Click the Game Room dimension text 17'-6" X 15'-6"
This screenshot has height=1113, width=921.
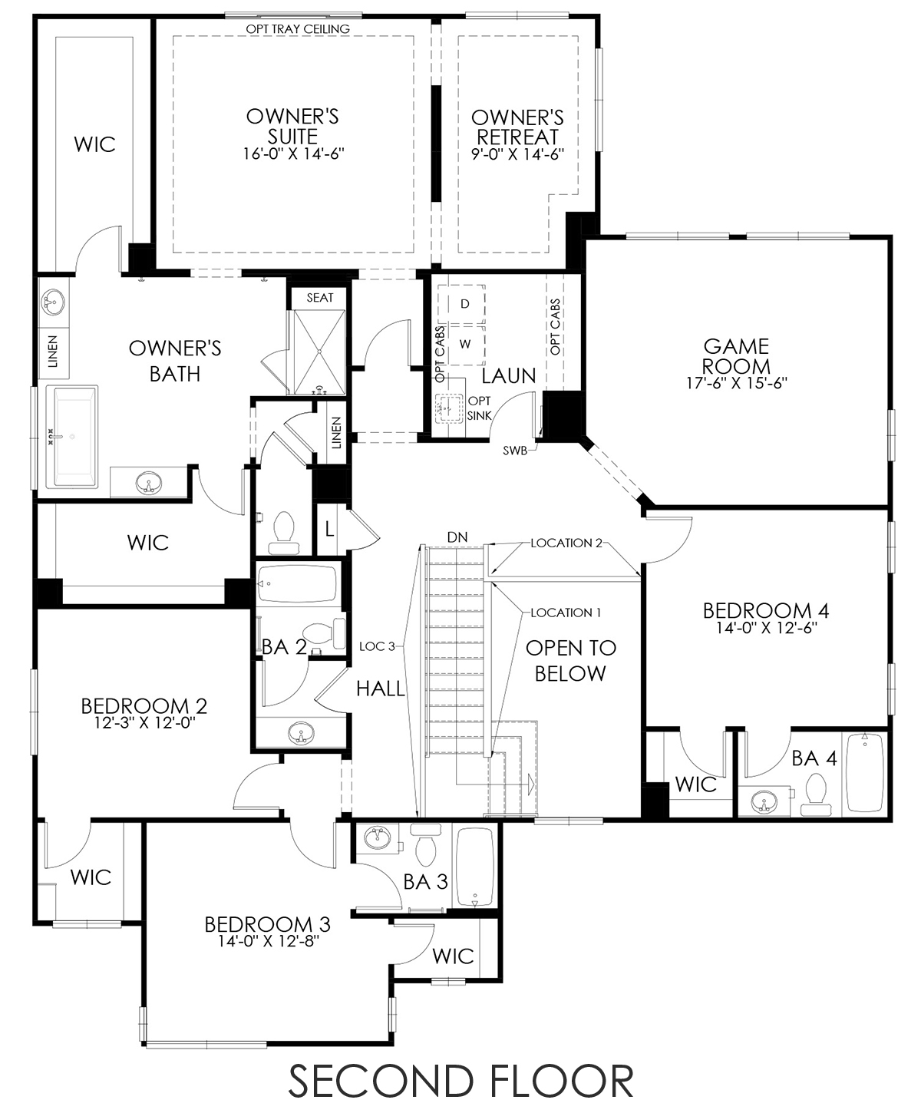pyautogui.click(x=737, y=383)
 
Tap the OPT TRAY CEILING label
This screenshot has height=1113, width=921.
pyautogui.click(x=298, y=29)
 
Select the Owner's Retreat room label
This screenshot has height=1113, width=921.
pyautogui.click(x=517, y=127)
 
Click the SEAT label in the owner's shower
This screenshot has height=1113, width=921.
pyautogui.click(x=320, y=298)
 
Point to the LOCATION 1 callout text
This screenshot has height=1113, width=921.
pyautogui.click(x=566, y=613)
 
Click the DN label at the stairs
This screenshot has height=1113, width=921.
pyautogui.click(x=457, y=537)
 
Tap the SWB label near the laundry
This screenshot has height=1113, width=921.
pyautogui.click(x=515, y=451)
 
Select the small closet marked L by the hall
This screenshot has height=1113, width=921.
pyautogui.click(x=329, y=530)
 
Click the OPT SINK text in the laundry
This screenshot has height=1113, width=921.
pyautogui.click(x=479, y=408)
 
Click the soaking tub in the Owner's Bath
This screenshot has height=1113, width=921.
pyautogui.click(x=71, y=437)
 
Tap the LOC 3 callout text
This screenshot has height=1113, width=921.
pyautogui.click(x=378, y=646)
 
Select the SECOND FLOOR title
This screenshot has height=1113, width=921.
pyautogui.click(x=460, y=1080)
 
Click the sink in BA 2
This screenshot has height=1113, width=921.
pyautogui.click(x=301, y=734)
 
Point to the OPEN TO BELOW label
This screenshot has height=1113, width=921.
pyautogui.click(x=570, y=660)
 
